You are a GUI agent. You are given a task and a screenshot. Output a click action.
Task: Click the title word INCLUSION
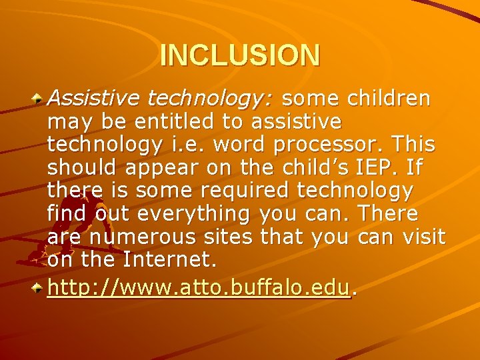click(240, 55)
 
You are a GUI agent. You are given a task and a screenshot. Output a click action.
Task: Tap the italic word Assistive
click(94, 99)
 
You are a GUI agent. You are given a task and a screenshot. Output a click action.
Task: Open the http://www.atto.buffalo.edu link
click(199, 288)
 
